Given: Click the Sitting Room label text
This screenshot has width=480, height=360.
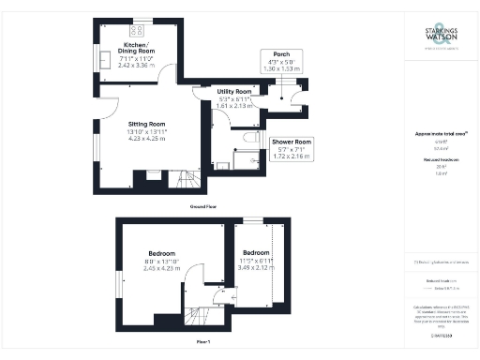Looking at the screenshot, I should [x=146, y=124].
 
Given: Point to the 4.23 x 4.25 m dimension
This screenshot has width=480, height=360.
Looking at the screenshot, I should [x=146, y=139].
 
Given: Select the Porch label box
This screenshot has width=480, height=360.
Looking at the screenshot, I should [x=279, y=62].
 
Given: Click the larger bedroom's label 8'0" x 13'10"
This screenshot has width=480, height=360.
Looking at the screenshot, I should [x=153, y=262].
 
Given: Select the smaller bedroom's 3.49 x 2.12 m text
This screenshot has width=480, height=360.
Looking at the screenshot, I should [x=255, y=267].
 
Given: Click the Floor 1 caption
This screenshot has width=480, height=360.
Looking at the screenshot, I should [x=203, y=342].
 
